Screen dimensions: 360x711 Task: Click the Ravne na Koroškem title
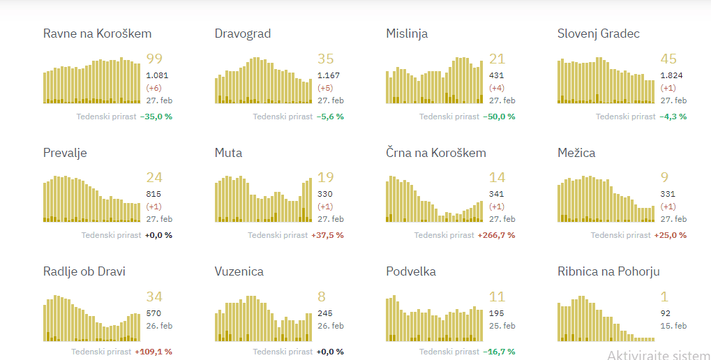point(97,33)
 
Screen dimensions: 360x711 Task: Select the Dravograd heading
point(243,33)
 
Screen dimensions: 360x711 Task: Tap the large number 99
point(154,59)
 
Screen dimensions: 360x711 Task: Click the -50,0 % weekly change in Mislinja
point(499,117)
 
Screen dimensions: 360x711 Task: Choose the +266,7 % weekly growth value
point(496,235)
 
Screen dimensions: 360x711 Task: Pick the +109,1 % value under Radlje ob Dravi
point(153,352)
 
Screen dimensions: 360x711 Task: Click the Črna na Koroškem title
point(436,153)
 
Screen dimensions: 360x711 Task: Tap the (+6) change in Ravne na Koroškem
point(154,88)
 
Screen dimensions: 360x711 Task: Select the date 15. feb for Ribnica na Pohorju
point(674,326)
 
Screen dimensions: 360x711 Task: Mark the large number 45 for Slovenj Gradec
point(668,59)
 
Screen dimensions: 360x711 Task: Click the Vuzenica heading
point(239,271)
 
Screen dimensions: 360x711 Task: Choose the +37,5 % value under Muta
point(327,235)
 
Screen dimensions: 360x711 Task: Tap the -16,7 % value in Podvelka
point(499,352)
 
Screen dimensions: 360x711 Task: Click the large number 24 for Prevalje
point(154,178)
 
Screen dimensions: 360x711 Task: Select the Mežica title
point(576,153)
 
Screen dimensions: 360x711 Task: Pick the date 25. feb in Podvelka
point(502,326)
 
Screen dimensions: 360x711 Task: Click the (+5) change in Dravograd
point(325,88)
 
